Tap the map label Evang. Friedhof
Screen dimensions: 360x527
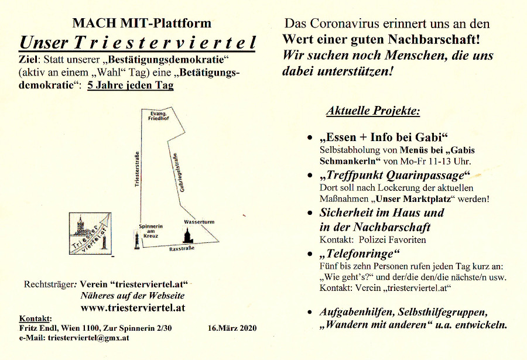[158, 115]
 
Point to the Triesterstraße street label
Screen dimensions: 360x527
[137, 169]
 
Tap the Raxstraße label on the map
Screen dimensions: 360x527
[182, 248]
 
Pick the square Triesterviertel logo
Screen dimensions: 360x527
[90, 234]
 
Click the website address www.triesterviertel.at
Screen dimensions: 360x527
[133, 307]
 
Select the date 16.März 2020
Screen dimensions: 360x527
[232, 328]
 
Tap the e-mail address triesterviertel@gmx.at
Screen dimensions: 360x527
[91, 338]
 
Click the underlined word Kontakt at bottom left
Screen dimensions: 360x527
[35, 318]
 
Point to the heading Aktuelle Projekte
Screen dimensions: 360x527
[373, 111]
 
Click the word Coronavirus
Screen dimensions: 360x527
[351, 25]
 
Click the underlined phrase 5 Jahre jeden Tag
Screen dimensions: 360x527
[130, 84]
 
